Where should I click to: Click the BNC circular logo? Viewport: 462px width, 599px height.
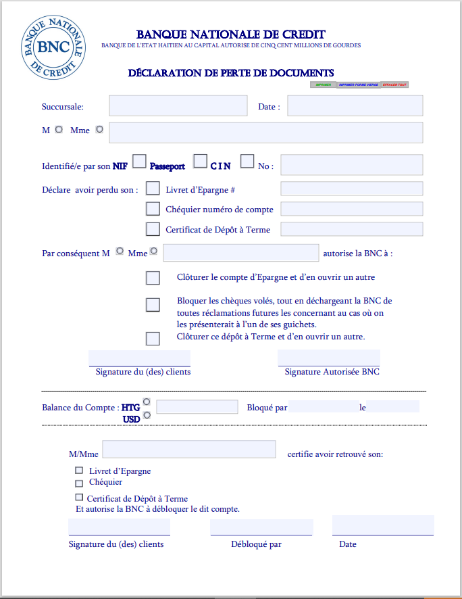(x=53, y=47)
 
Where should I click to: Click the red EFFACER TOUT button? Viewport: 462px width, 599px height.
(x=394, y=85)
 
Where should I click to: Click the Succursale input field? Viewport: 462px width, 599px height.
(x=178, y=106)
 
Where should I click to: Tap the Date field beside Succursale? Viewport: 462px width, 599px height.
(x=355, y=106)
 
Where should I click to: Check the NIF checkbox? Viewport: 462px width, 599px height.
(x=139, y=161)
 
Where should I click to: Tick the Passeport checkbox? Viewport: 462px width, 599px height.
(x=200, y=161)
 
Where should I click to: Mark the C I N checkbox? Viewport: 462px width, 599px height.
(x=247, y=161)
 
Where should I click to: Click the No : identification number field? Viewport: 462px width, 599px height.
(x=351, y=166)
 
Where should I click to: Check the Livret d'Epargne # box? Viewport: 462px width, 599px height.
(x=153, y=188)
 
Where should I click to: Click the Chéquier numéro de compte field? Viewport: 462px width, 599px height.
(x=351, y=209)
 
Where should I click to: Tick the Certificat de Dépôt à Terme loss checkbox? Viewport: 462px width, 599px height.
(x=153, y=229)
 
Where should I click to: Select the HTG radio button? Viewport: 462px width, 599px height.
(x=147, y=402)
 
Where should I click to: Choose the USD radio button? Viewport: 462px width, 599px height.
(x=147, y=415)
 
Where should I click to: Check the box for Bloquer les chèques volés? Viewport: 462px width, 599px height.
(x=153, y=305)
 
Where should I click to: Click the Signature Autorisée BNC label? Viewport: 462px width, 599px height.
(x=332, y=372)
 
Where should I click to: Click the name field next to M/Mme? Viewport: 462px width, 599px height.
(x=189, y=450)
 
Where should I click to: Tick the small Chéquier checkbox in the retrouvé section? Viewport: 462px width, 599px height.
(x=79, y=483)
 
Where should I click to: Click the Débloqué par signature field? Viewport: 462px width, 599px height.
(x=261, y=527)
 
